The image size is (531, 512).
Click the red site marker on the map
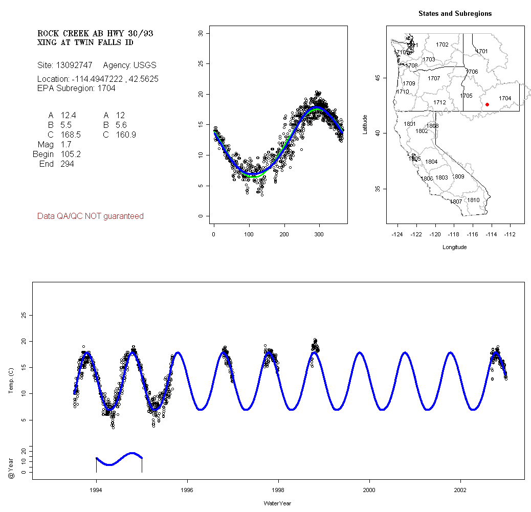[x=487, y=104]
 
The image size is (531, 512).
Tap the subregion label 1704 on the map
[x=505, y=98]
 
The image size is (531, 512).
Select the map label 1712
[x=439, y=102]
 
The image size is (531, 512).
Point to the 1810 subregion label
[x=474, y=200]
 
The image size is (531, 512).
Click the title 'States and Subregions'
[x=455, y=14]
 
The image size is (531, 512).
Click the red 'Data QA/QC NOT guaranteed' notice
[x=91, y=216]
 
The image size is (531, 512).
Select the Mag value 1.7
[x=66, y=145]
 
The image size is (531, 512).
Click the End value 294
[x=67, y=164]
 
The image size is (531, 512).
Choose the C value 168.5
[x=71, y=135]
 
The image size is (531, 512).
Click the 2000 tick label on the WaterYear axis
[x=370, y=489]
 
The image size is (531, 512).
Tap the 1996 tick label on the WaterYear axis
[x=188, y=489]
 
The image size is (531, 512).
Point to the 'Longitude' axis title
[x=454, y=247]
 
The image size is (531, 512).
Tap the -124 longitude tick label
[x=397, y=234]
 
